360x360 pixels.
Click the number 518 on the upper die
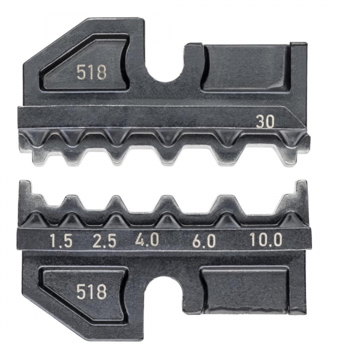click(x=92, y=73)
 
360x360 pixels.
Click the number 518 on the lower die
click(x=92, y=292)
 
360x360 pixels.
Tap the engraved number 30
click(x=265, y=122)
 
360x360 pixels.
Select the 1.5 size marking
click(x=61, y=241)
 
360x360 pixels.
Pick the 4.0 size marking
click(x=147, y=240)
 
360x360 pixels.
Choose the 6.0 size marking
click(x=204, y=241)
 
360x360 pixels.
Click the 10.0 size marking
click(x=266, y=239)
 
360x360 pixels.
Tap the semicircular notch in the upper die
click(x=166, y=73)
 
